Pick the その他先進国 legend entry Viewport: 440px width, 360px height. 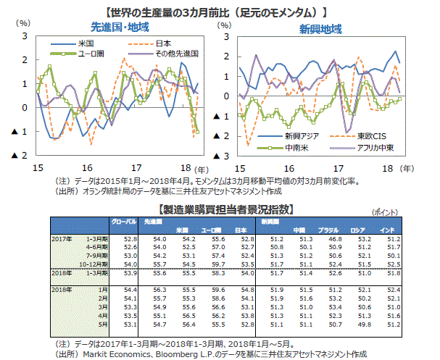[x=177, y=54]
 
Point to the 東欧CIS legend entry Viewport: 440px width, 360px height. [x=370, y=135]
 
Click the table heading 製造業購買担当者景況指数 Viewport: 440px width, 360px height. [x=225, y=209]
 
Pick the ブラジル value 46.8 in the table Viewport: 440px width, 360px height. [x=334, y=238]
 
